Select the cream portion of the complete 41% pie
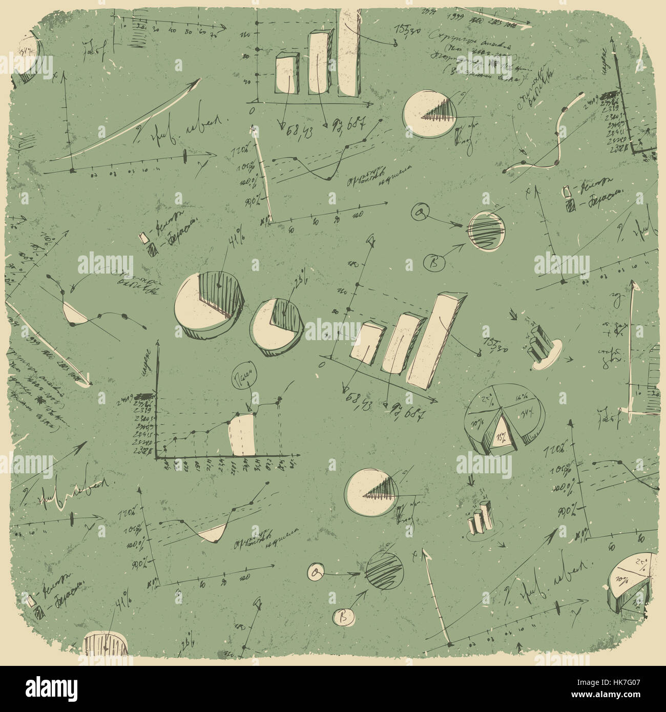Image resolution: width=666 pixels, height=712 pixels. [192, 307]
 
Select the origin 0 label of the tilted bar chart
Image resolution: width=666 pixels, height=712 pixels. [322, 364]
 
